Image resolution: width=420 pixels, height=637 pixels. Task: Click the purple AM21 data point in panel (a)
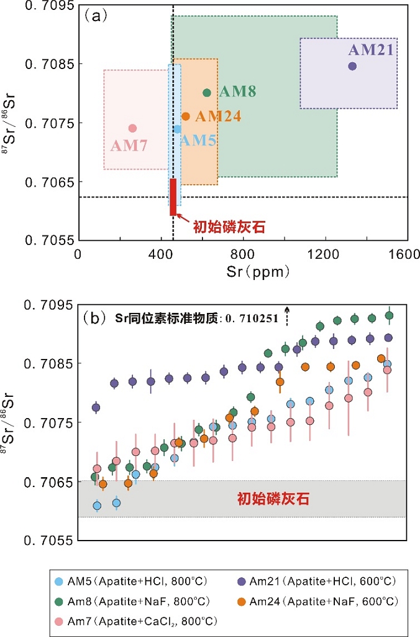[352, 66]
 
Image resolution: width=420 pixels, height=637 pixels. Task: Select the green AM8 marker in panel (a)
[207, 93]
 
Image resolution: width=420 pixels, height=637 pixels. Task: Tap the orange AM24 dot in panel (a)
[185, 116]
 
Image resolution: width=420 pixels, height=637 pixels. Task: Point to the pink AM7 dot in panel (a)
[132, 128]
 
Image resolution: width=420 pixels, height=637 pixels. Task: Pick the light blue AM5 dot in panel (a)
[177, 129]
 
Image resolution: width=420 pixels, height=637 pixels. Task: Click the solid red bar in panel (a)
[173, 197]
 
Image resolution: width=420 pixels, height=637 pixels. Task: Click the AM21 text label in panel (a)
[371, 50]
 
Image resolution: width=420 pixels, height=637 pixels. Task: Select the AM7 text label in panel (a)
[129, 146]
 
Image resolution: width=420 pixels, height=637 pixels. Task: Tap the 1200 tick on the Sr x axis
[322, 255]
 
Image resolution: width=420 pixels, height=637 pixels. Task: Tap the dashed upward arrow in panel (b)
[287, 316]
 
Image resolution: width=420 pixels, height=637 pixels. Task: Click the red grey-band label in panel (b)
[273, 499]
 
